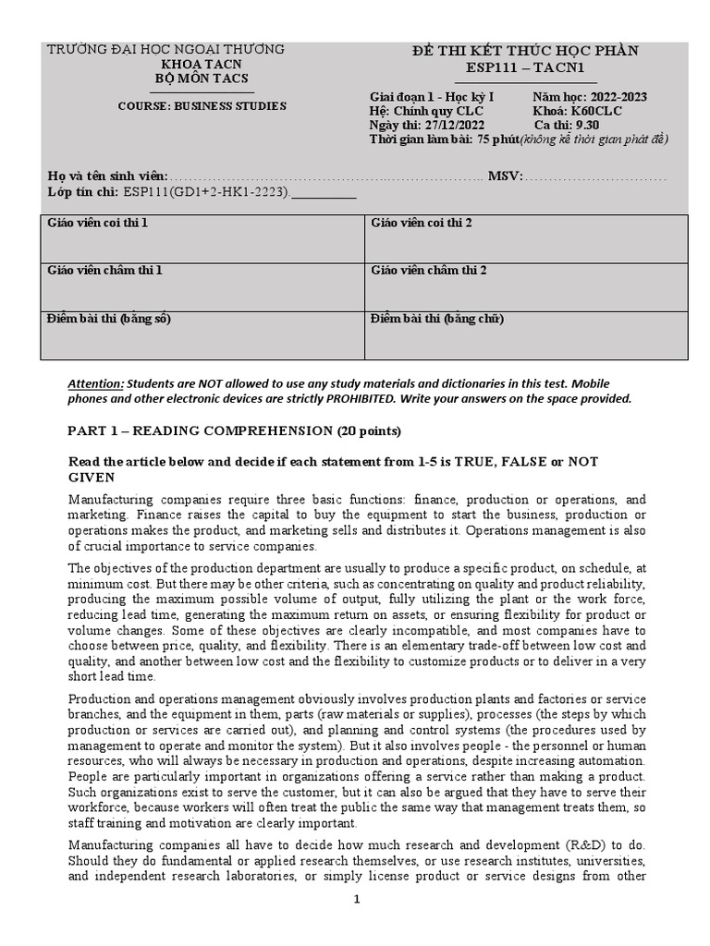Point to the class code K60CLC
coord(597,112)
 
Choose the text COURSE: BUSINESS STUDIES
coord(202,106)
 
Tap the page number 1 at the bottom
coord(356,901)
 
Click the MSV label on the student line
coord(505,176)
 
